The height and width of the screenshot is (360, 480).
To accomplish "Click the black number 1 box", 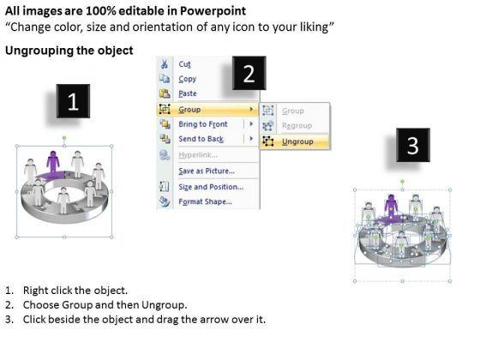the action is (x=73, y=101).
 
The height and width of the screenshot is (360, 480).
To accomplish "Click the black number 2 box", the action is (x=249, y=73).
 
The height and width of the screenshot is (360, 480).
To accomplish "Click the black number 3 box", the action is (x=413, y=145).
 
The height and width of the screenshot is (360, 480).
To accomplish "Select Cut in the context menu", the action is (x=184, y=64).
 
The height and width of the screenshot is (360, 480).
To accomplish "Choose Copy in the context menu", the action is (x=188, y=79).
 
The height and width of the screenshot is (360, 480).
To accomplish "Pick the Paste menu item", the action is (x=188, y=93).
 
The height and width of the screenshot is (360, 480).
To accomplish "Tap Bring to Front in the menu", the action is (x=203, y=124).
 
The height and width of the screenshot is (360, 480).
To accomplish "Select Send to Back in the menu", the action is (x=201, y=139).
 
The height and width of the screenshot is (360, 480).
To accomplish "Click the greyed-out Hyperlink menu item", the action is (x=198, y=155).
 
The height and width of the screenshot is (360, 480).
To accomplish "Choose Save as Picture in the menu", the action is (x=207, y=171).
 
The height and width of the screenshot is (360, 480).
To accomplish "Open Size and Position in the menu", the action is (x=211, y=187).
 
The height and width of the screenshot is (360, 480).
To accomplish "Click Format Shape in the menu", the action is (x=205, y=201).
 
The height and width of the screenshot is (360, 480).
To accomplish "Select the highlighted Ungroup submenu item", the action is (x=297, y=141).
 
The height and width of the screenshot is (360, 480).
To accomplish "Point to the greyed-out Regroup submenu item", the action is (x=297, y=125).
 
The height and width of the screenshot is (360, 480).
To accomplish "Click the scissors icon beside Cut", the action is (x=165, y=64).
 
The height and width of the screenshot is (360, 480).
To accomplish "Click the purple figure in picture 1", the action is (x=53, y=163).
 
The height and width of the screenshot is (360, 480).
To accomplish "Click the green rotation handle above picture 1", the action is (x=64, y=138).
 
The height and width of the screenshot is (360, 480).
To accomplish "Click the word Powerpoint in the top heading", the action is (x=213, y=11).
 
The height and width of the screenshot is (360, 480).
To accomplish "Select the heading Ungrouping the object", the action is (x=69, y=51).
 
